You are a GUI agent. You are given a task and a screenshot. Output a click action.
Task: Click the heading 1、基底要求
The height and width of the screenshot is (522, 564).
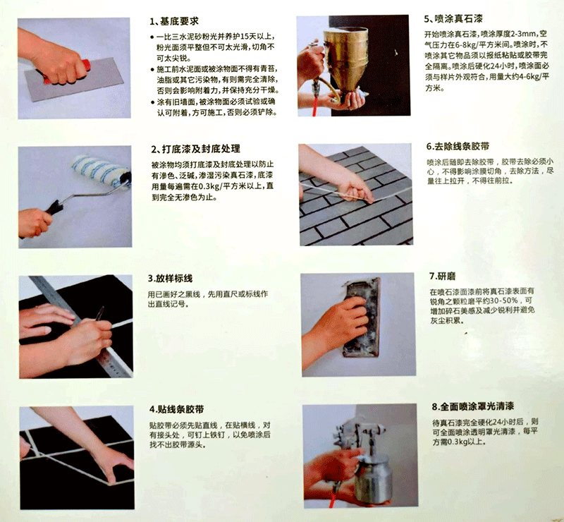pos(180,20)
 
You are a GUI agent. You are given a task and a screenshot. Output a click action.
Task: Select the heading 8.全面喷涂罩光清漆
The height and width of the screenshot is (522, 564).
pos(472,407)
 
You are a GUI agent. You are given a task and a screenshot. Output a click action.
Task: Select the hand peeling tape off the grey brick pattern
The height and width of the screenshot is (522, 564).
pos(352,187)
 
